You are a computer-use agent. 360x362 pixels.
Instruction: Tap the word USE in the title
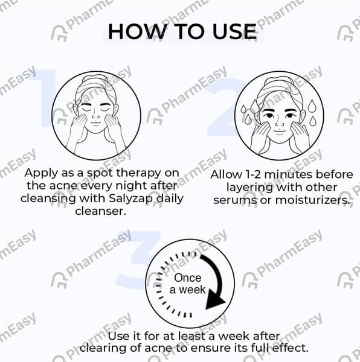tap(234, 31)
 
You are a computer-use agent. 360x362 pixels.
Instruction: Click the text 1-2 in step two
tap(253, 174)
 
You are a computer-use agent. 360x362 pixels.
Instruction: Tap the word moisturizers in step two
tap(312, 200)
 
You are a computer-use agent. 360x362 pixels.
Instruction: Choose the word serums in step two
tap(235, 200)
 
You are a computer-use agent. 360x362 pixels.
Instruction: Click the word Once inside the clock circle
tap(188, 278)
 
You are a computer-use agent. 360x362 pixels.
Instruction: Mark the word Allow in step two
tap(227, 174)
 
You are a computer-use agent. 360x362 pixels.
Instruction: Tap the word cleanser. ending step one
tap(101, 211)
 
